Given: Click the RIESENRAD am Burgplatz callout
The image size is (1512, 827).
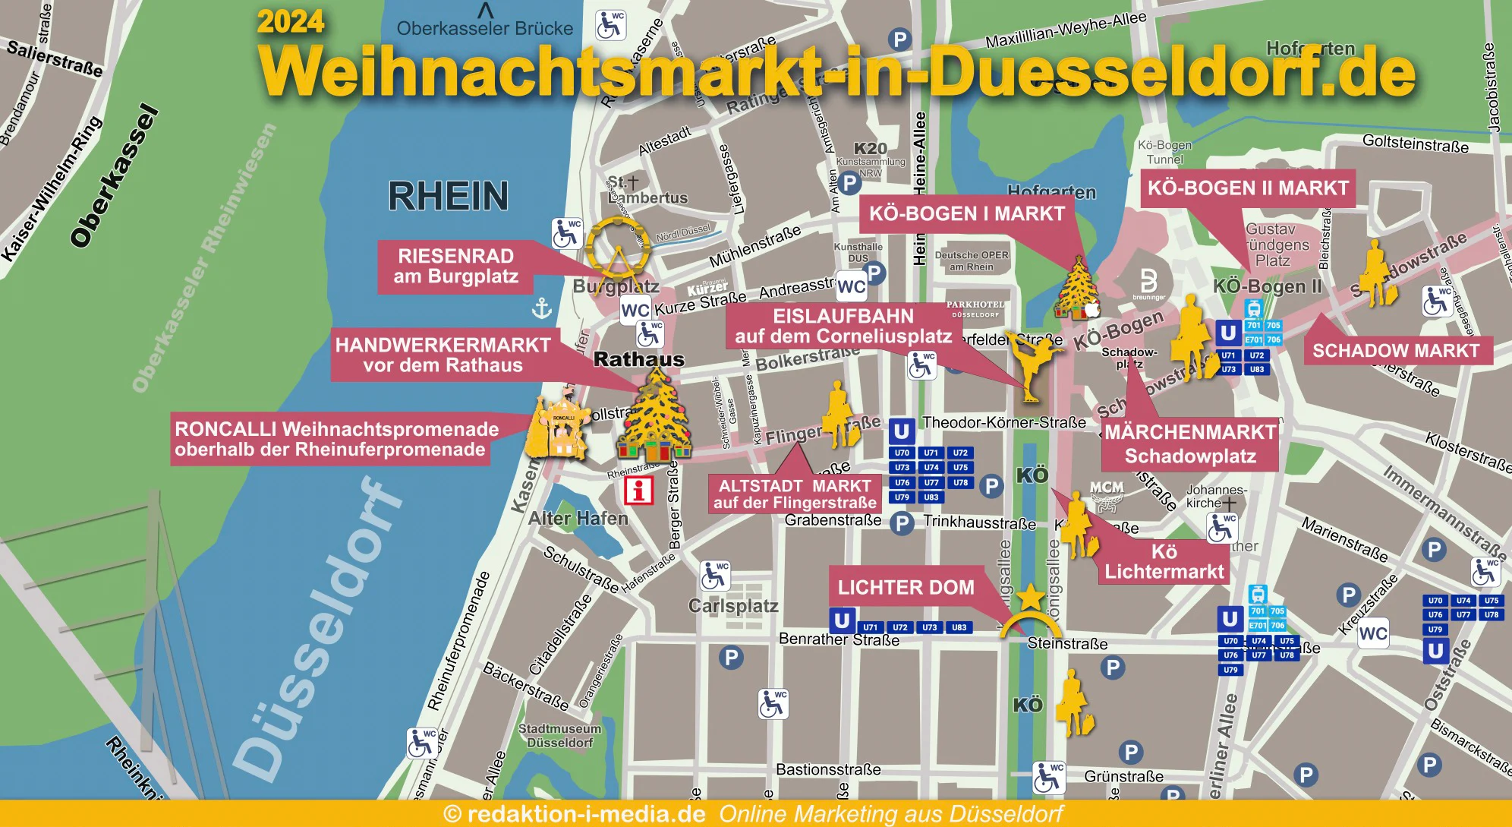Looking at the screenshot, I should click(455, 267).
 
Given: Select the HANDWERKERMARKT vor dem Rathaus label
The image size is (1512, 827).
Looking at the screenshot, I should click(443, 355).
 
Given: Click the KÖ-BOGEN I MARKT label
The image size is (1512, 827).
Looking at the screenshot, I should click(966, 213).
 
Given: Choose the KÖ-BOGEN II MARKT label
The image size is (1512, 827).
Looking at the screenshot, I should click(1247, 188).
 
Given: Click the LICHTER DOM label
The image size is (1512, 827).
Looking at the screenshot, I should click(906, 588).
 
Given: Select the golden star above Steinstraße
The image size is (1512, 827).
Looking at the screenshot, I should click(1031, 598).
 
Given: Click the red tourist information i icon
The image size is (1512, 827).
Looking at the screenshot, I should click(638, 491).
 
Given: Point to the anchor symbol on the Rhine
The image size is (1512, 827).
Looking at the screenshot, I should click(542, 308).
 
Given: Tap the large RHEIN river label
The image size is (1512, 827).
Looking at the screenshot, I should click(448, 196).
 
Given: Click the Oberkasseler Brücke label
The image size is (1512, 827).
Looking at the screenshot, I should click(484, 29).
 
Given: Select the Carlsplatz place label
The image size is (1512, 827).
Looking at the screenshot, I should click(733, 606).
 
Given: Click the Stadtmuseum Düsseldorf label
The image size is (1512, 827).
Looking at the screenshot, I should click(559, 735).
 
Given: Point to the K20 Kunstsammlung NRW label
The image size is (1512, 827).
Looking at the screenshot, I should click(870, 156).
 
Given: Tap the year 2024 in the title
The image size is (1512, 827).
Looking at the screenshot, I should click(291, 21).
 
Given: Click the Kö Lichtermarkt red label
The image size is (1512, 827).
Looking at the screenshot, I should click(1164, 562).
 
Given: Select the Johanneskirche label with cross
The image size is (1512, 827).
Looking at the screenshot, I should click(1214, 497).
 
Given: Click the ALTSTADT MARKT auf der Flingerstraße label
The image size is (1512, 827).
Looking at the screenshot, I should click(795, 494).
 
